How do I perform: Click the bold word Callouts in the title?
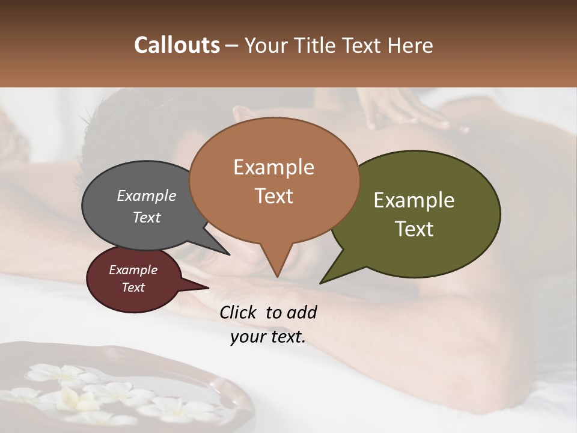(177, 45)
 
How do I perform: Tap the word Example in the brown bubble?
(273, 167)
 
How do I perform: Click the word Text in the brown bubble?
(273, 196)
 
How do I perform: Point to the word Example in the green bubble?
(414, 200)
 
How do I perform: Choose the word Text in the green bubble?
(414, 229)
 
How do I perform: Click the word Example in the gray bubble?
(147, 196)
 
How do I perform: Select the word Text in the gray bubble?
(147, 217)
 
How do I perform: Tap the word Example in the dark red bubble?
(133, 270)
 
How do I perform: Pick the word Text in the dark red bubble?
(133, 287)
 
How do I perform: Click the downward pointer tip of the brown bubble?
(277, 277)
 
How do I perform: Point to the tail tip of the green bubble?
(320, 283)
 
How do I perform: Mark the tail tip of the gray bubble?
(229, 254)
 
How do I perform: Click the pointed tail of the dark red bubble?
(209, 287)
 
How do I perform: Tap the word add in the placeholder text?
(302, 312)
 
